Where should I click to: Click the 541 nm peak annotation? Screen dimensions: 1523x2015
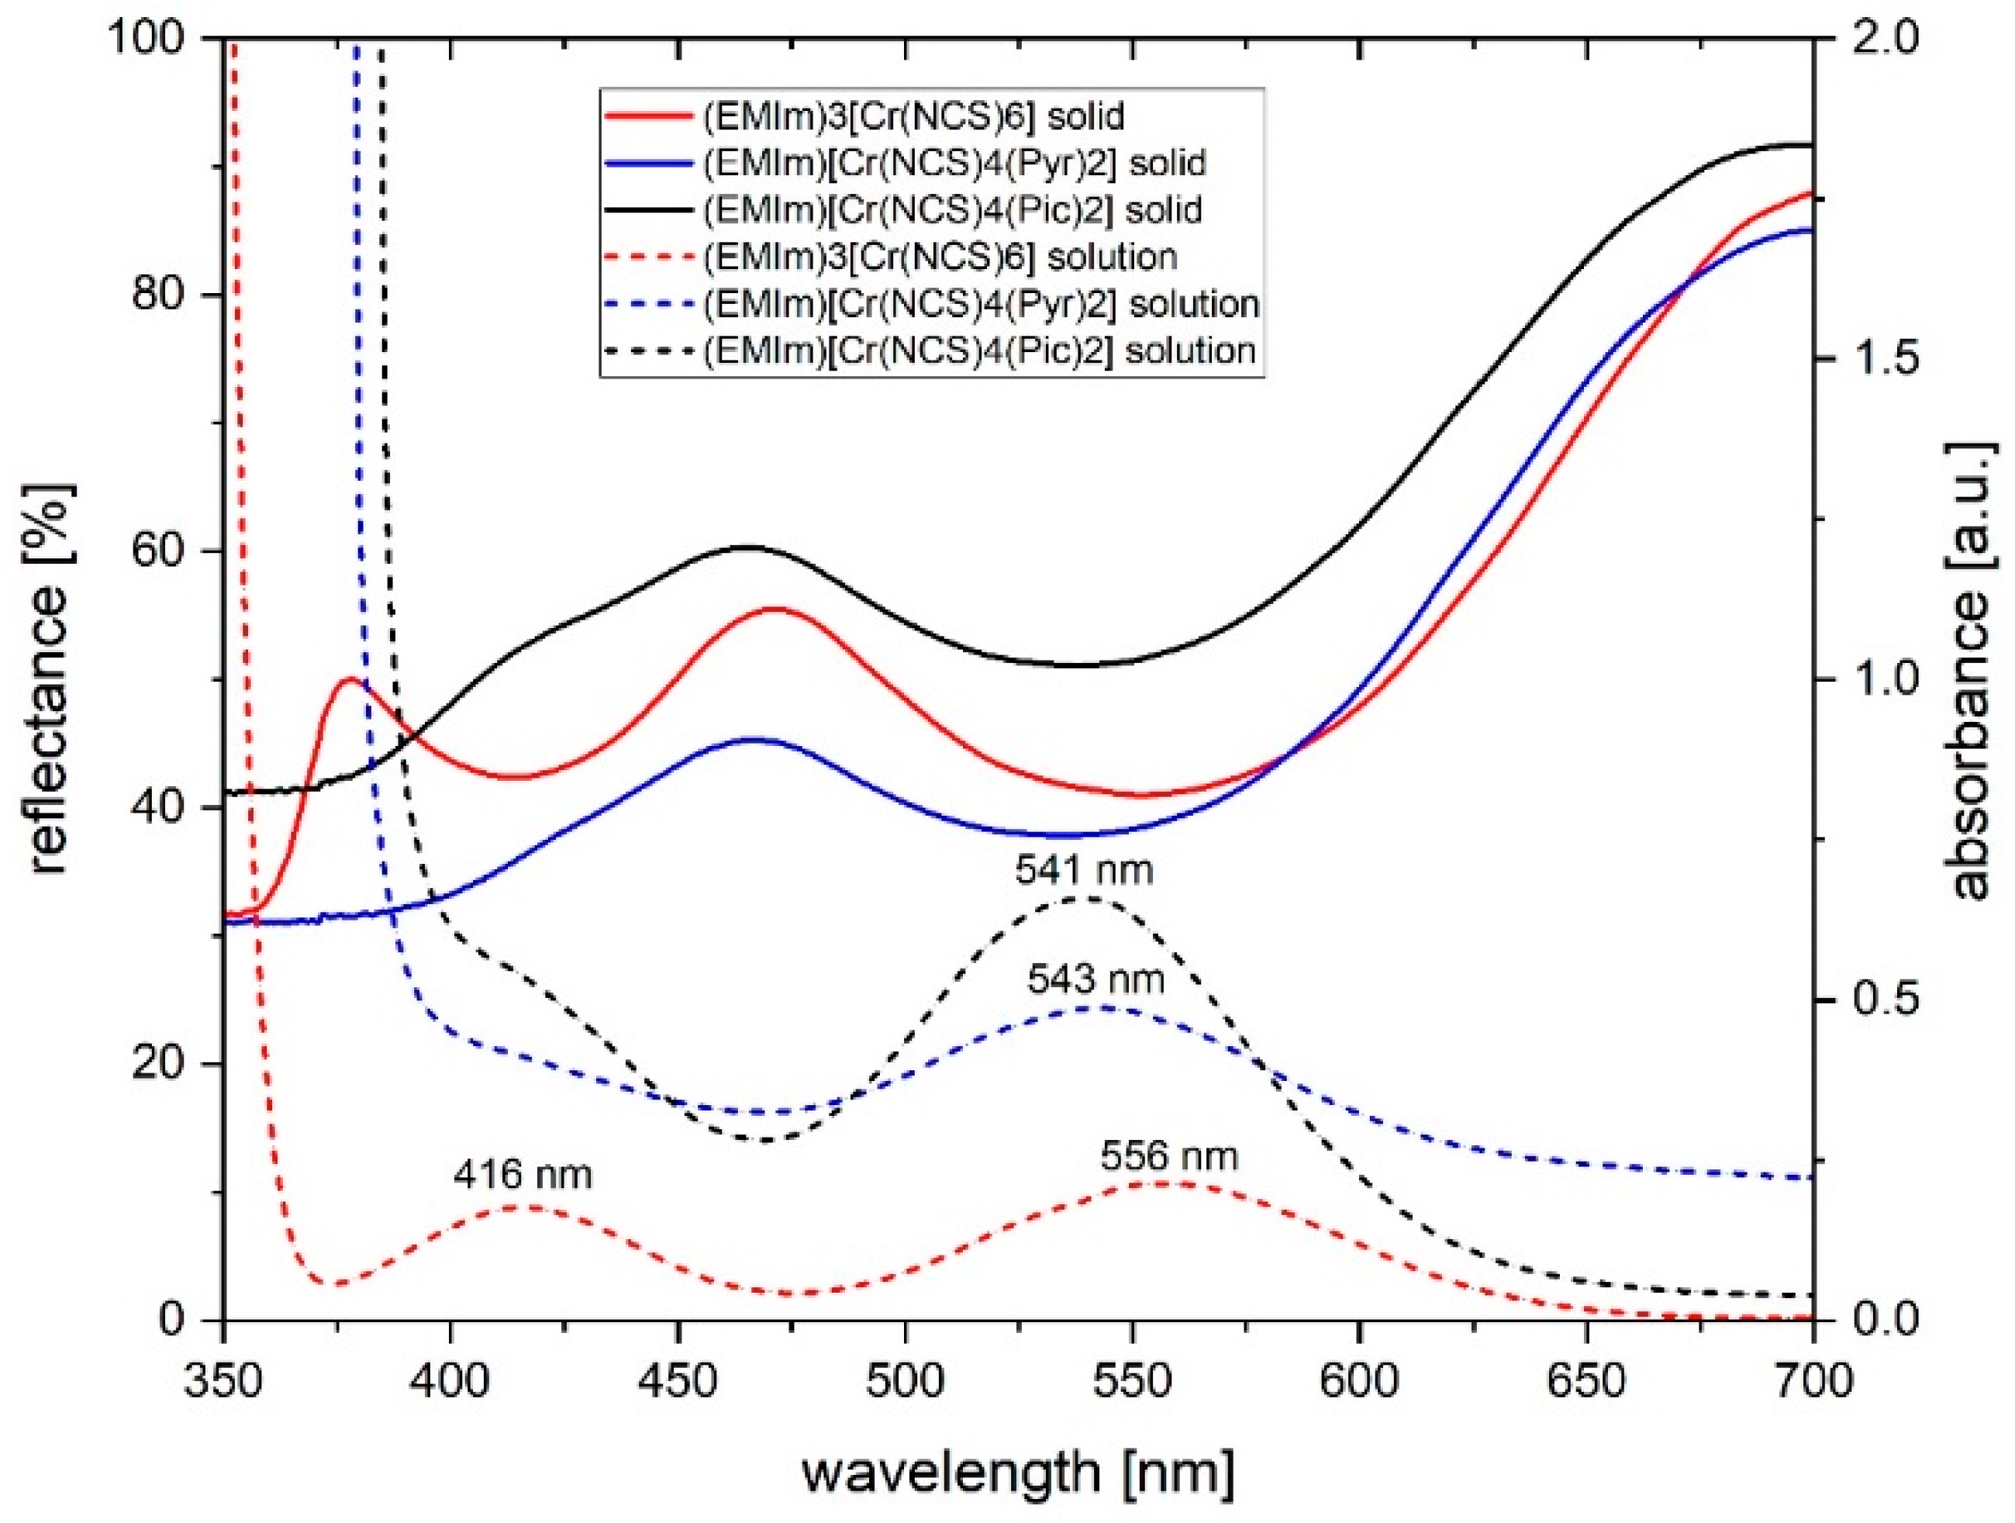1084,871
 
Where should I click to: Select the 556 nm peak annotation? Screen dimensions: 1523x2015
1168,1157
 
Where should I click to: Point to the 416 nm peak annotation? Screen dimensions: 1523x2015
523,1175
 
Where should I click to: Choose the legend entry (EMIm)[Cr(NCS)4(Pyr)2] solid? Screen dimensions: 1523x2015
954,163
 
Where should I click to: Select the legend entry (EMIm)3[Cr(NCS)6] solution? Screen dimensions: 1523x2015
940,257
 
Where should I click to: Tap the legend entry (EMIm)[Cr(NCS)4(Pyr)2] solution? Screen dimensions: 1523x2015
980,303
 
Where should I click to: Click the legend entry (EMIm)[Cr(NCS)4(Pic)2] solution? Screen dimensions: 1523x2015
978,351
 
